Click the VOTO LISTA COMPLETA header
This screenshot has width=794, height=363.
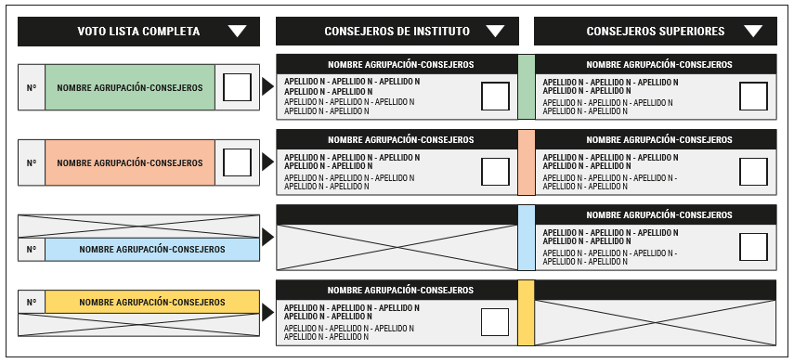click(138, 32)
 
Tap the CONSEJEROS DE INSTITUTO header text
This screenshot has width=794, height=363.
click(397, 32)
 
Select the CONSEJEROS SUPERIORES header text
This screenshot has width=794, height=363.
click(656, 32)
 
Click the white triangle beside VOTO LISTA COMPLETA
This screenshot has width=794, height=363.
click(237, 32)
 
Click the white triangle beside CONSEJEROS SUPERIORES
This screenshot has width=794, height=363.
click(753, 32)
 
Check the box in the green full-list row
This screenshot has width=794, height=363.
click(237, 87)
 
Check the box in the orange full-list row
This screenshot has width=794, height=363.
click(237, 162)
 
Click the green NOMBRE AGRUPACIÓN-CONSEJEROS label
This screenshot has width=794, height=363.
click(130, 87)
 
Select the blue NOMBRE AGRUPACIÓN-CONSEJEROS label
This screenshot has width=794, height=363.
click(152, 250)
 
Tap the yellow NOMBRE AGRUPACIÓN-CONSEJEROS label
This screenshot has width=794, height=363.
click(152, 303)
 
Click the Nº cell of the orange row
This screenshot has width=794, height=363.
click(32, 163)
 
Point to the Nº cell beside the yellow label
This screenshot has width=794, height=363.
click(32, 303)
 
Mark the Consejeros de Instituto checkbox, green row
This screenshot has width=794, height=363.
click(495, 97)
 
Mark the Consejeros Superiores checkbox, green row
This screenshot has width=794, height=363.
click(753, 97)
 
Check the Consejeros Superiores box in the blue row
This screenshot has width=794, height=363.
click(753, 247)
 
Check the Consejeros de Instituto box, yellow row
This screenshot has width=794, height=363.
click(495, 322)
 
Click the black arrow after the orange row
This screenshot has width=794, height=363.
click(267, 162)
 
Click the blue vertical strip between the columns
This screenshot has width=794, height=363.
click(527, 238)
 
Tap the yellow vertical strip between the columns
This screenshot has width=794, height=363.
click(527, 313)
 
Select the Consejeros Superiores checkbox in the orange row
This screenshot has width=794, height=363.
click(753, 172)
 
